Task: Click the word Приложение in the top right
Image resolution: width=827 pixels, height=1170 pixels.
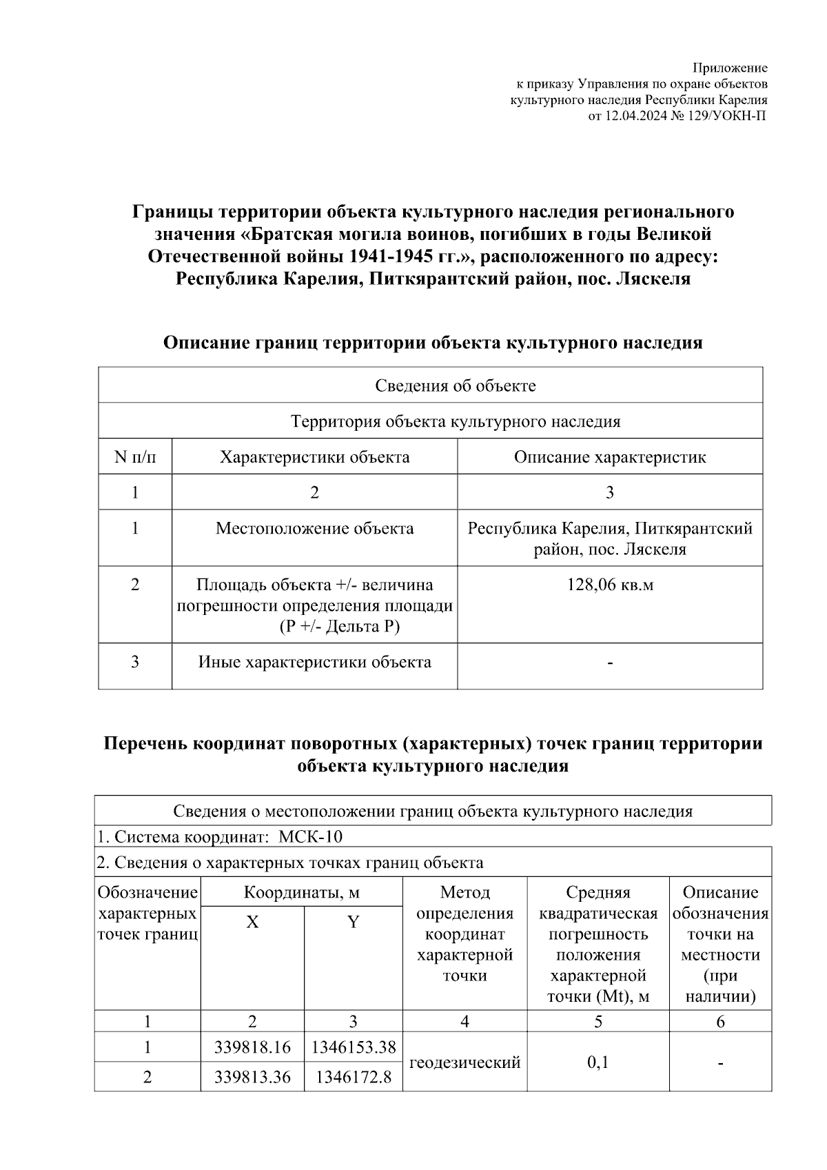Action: point(730,68)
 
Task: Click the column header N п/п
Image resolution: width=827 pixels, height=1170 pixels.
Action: point(135,457)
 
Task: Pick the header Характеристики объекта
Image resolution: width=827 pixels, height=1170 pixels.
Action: point(314,457)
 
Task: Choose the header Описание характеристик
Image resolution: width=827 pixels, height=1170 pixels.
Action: point(610,457)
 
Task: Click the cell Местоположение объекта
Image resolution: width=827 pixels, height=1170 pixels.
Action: point(314,529)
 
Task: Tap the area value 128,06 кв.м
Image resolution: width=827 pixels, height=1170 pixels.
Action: point(610,585)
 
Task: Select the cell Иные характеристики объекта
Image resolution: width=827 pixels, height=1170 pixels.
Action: point(314,663)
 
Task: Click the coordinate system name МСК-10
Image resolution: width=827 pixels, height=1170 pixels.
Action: point(310,837)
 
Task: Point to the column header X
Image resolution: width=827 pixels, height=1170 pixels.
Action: point(253,922)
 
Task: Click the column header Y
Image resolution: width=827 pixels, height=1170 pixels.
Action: point(353,922)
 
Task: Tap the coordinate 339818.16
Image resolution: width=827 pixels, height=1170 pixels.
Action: point(252,1047)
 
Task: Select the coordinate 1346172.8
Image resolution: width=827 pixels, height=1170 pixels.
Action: point(354,1077)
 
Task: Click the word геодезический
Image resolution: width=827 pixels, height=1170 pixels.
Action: point(464,1062)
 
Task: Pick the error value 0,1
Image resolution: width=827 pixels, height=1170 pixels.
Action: point(598,1062)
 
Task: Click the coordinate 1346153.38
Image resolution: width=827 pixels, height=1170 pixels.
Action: point(354,1047)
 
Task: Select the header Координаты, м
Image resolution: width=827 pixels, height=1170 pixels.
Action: point(302,893)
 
